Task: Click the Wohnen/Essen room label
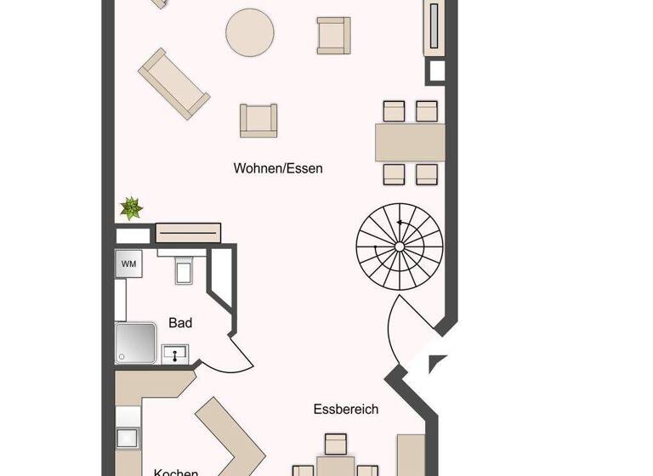tap(278, 168)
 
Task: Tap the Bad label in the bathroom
tap(180, 323)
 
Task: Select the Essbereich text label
tap(345, 409)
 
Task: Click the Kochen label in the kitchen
tap(176, 472)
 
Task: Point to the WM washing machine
tap(128, 263)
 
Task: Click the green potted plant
tap(131, 207)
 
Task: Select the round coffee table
tap(250, 32)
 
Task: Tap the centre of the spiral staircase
tap(400, 246)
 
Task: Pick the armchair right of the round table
tap(333, 35)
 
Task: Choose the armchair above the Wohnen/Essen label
tap(258, 120)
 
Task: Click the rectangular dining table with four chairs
tap(411, 143)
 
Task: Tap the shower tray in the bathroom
tap(136, 343)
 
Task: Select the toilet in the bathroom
tap(185, 269)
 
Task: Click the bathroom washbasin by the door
tap(175, 354)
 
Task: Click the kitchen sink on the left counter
tap(128, 437)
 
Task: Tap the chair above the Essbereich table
tap(336, 444)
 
